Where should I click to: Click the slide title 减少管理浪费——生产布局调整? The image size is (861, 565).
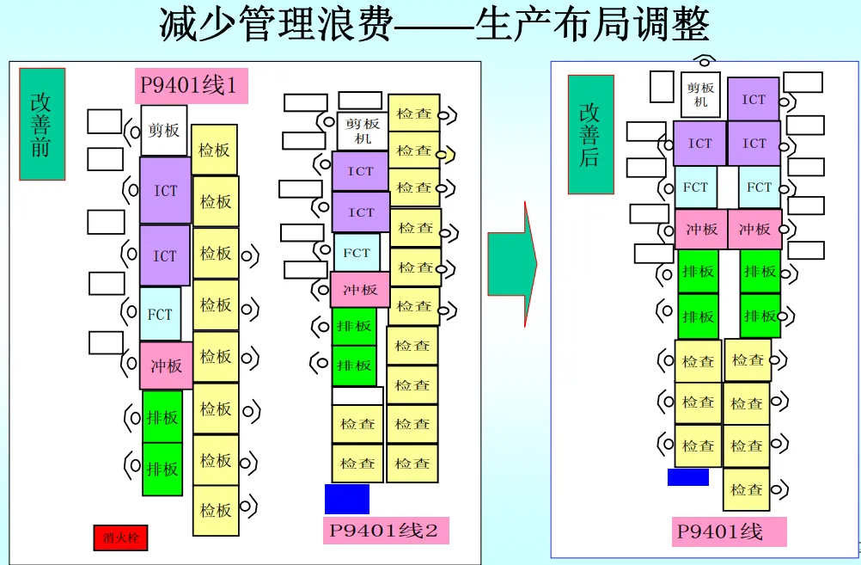click(434, 25)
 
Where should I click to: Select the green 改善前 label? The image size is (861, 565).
click(42, 124)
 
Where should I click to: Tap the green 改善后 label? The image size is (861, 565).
click(590, 134)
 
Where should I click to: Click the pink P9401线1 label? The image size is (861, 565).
click(191, 86)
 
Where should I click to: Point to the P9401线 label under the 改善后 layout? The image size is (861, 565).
click(729, 531)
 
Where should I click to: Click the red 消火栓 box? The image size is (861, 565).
click(120, 538)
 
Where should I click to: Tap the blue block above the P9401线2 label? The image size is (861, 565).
click(347, 499)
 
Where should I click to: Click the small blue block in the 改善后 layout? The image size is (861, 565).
click(687, 476)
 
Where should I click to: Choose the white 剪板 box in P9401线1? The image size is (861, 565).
click(163, 131)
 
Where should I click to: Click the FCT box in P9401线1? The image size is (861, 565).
click(160, 314)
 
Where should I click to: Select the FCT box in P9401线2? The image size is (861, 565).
click(356, 253)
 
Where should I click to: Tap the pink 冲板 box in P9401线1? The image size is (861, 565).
click(165, 365)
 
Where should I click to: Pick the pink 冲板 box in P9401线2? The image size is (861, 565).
click(359, 290)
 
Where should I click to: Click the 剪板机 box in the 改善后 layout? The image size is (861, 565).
click(700, 95)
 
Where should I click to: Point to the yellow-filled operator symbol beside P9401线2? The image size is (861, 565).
click(447, 154)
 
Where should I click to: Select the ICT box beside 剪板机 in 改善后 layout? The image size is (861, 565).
click(754, 99)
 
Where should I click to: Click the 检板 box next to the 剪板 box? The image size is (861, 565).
click(214, 150)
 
